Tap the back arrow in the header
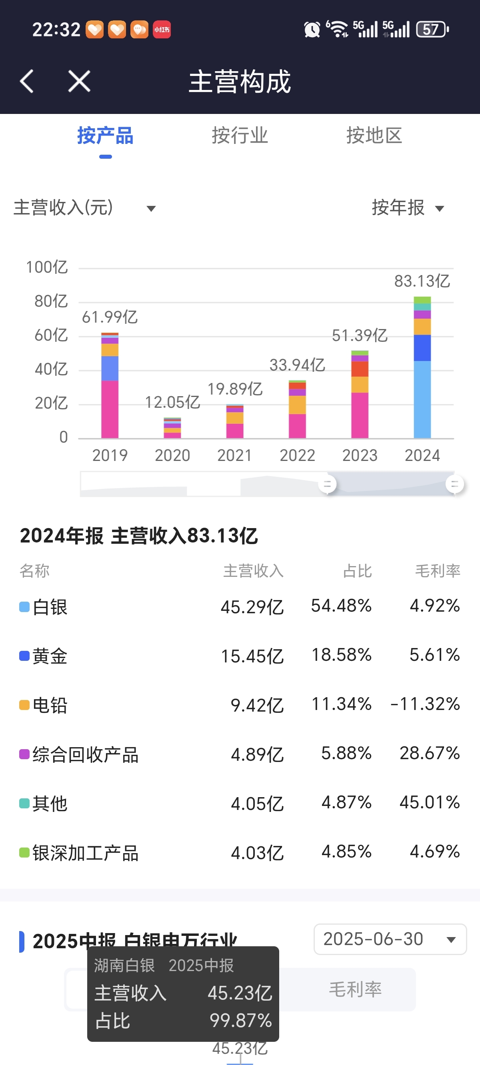(27, 81)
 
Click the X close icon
(79, 81)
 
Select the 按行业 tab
(240, 136)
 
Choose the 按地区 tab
(374, 136)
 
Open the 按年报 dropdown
(408, 207)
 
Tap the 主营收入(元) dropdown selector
(85, 207)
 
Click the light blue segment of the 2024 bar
(422, 399)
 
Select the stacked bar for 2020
(172, 428)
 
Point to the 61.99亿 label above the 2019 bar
(110, 317)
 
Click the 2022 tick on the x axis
(297, 455)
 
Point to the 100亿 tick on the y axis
(47, 267)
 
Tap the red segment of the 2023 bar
(360, 369)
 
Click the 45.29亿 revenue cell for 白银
(252, 607)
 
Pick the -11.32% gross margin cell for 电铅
(425, 704)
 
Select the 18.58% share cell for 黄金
(341, 655)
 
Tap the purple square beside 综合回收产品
(24, 754)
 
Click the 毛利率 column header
(437, 571)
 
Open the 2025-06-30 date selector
(390, 939)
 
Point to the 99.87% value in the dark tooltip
(240, 1020)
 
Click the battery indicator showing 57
(432, 29)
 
